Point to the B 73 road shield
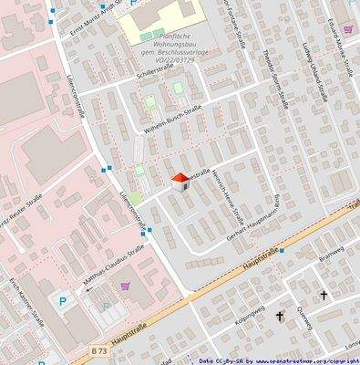click(98, 349)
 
